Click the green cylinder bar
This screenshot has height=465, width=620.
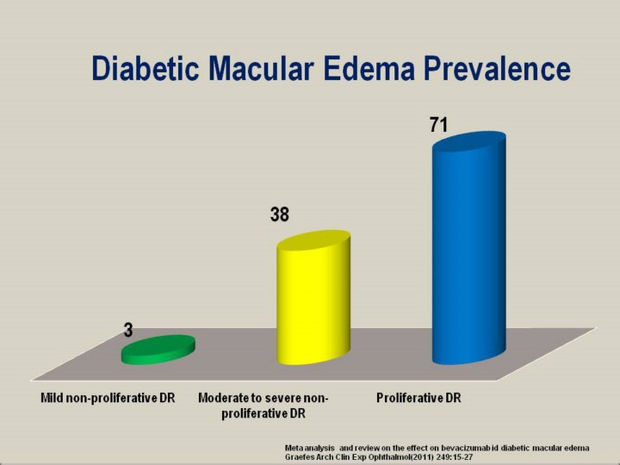(x=158, y=350)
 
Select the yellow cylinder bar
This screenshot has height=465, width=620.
(x=313, y=297)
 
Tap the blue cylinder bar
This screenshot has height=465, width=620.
(x=469, y=247)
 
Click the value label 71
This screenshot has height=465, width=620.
(x=439, y=125)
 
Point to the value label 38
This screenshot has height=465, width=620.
(x=280, y=214)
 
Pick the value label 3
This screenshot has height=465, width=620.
(x=127, y=330)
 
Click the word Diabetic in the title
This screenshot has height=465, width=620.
(x=146, y=68)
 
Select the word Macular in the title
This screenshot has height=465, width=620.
(x=262, y=68)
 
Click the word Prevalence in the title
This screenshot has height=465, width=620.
(x=498, y=68)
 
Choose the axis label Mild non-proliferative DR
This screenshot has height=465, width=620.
(x=108, y=397)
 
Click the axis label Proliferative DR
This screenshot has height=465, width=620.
(x=418, y=397)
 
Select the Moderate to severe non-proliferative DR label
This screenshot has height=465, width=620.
(x=263, y=406)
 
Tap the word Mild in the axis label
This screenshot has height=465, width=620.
(x=52, y=397)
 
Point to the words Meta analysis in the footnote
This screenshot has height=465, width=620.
(x=310, y=448)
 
